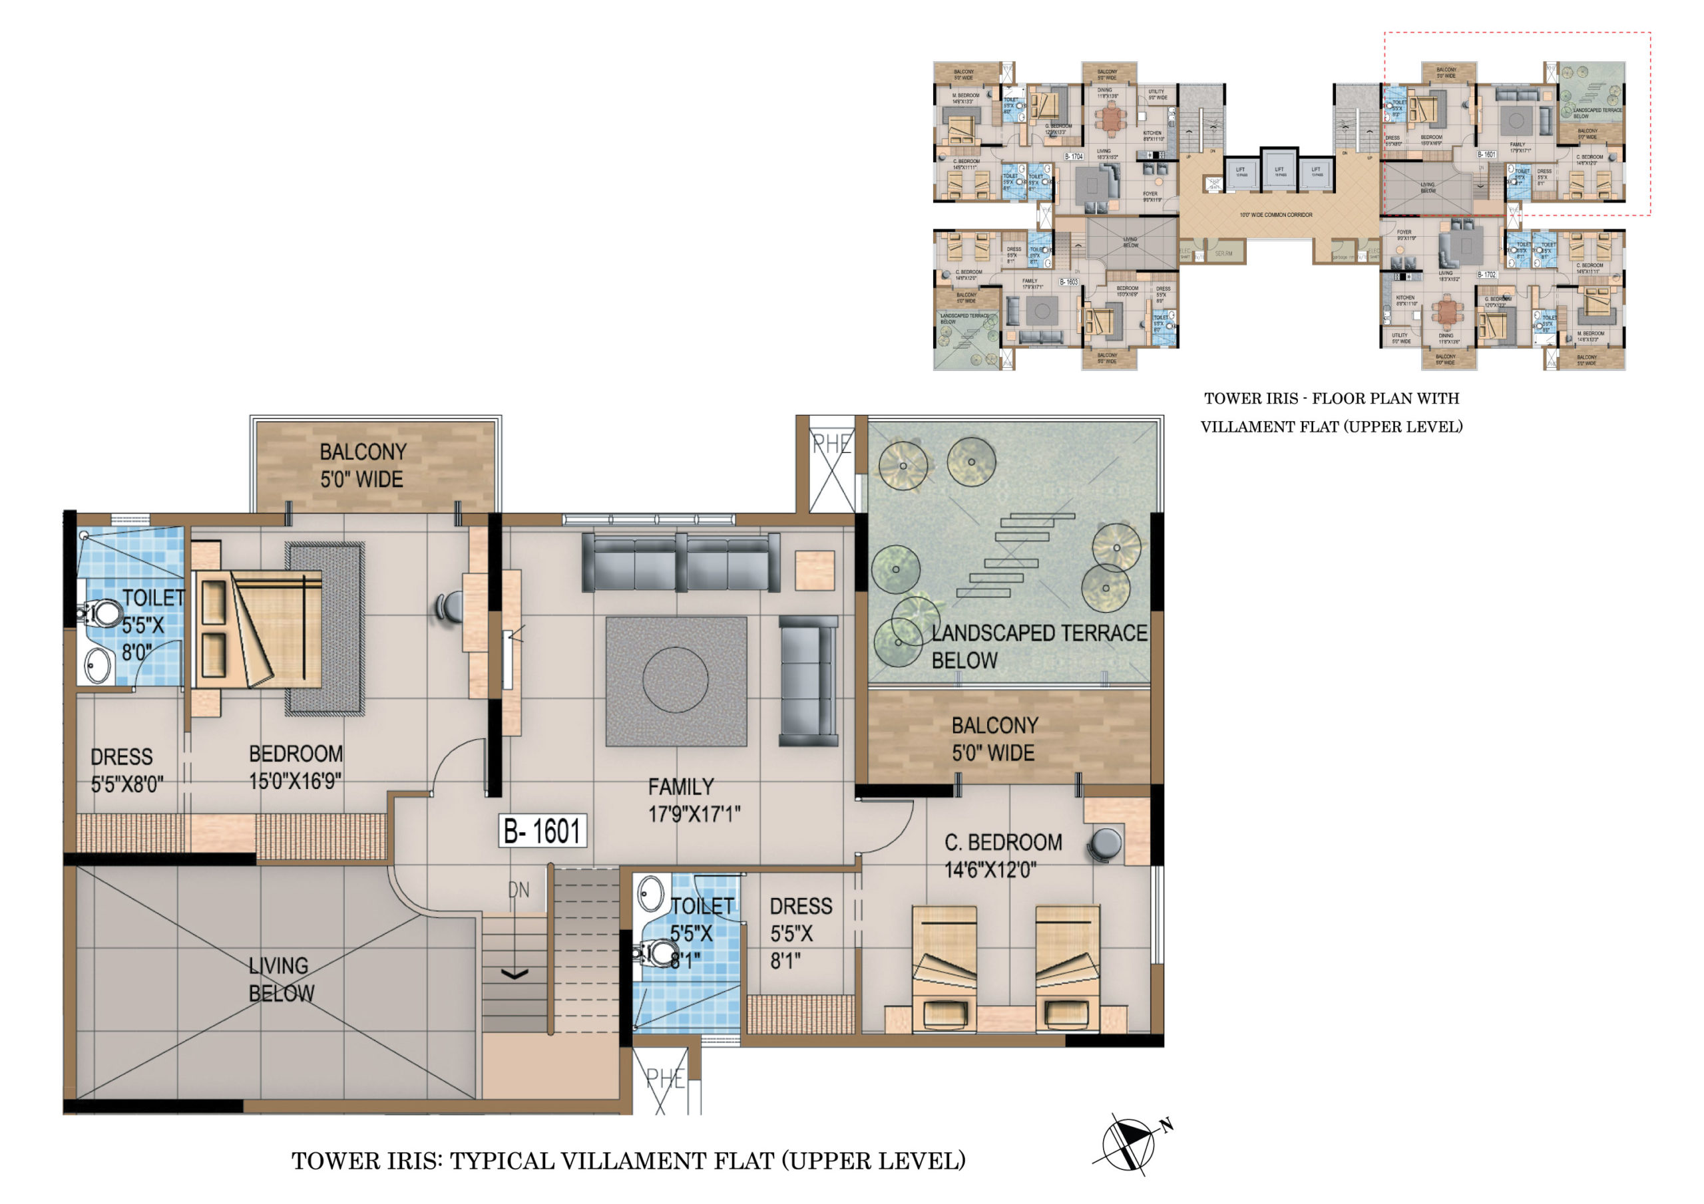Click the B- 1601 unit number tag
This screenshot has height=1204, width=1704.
tap(542, 831)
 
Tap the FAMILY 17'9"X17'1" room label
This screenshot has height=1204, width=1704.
tap(693, 800)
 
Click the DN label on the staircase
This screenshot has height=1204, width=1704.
tap(518, 890)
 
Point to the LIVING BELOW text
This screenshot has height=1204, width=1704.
tap(280, 979)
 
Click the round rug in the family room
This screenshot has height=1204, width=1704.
tap(675, 680)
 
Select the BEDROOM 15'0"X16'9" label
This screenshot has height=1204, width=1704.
tap(296, 767)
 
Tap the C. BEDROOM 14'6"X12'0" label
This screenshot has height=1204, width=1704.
tap(1002, 855)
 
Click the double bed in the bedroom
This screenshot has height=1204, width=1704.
tap(260, 629)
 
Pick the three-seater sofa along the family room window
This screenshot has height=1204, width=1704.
tap(680, 563)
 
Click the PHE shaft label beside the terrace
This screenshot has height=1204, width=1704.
tap(831, 445)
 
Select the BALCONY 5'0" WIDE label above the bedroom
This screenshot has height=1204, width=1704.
tap(362, 465)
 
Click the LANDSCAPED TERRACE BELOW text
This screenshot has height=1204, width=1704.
tap(1038, 646)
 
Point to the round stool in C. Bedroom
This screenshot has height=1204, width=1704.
tap(1105, 845)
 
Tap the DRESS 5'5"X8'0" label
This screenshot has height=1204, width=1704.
tap(126, 770)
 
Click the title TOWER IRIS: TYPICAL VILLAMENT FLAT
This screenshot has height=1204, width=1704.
tap(628, 1161)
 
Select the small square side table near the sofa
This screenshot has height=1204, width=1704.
tap(814, 571)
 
